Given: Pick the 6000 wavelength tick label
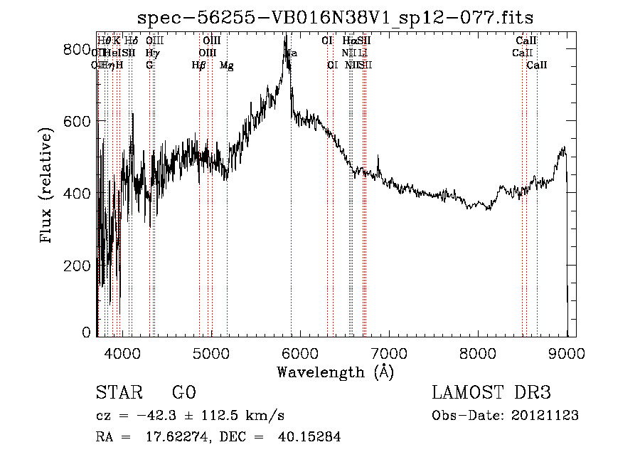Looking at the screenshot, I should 300,352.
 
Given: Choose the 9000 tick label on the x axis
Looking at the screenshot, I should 567,352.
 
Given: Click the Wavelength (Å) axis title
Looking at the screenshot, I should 335,372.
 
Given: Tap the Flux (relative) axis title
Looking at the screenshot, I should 47,186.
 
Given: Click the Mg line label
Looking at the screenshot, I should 226,65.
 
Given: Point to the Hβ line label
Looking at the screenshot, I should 198,65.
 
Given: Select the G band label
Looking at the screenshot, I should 149,65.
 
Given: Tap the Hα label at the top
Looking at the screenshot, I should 348,41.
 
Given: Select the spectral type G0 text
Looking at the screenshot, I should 183,394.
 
